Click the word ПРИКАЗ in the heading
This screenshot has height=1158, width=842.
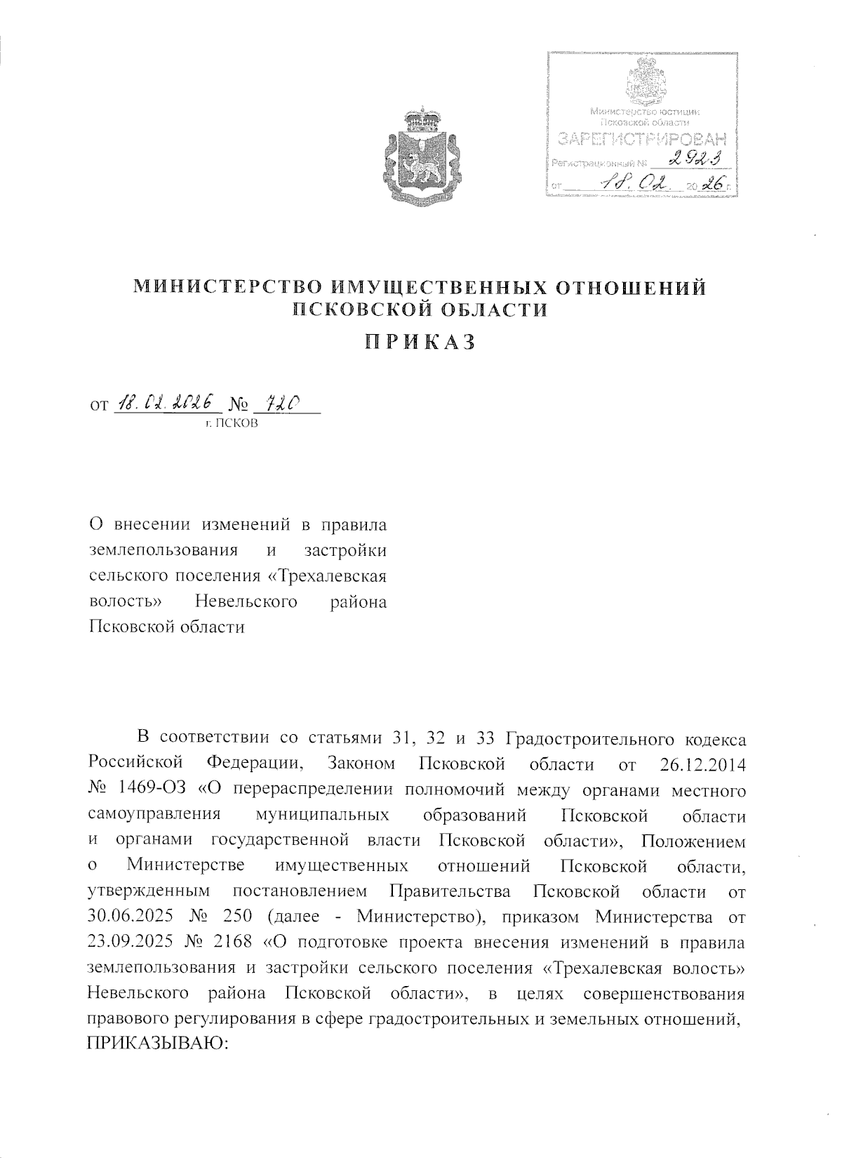coord(420,342)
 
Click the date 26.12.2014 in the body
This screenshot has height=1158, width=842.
coord(702,764)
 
